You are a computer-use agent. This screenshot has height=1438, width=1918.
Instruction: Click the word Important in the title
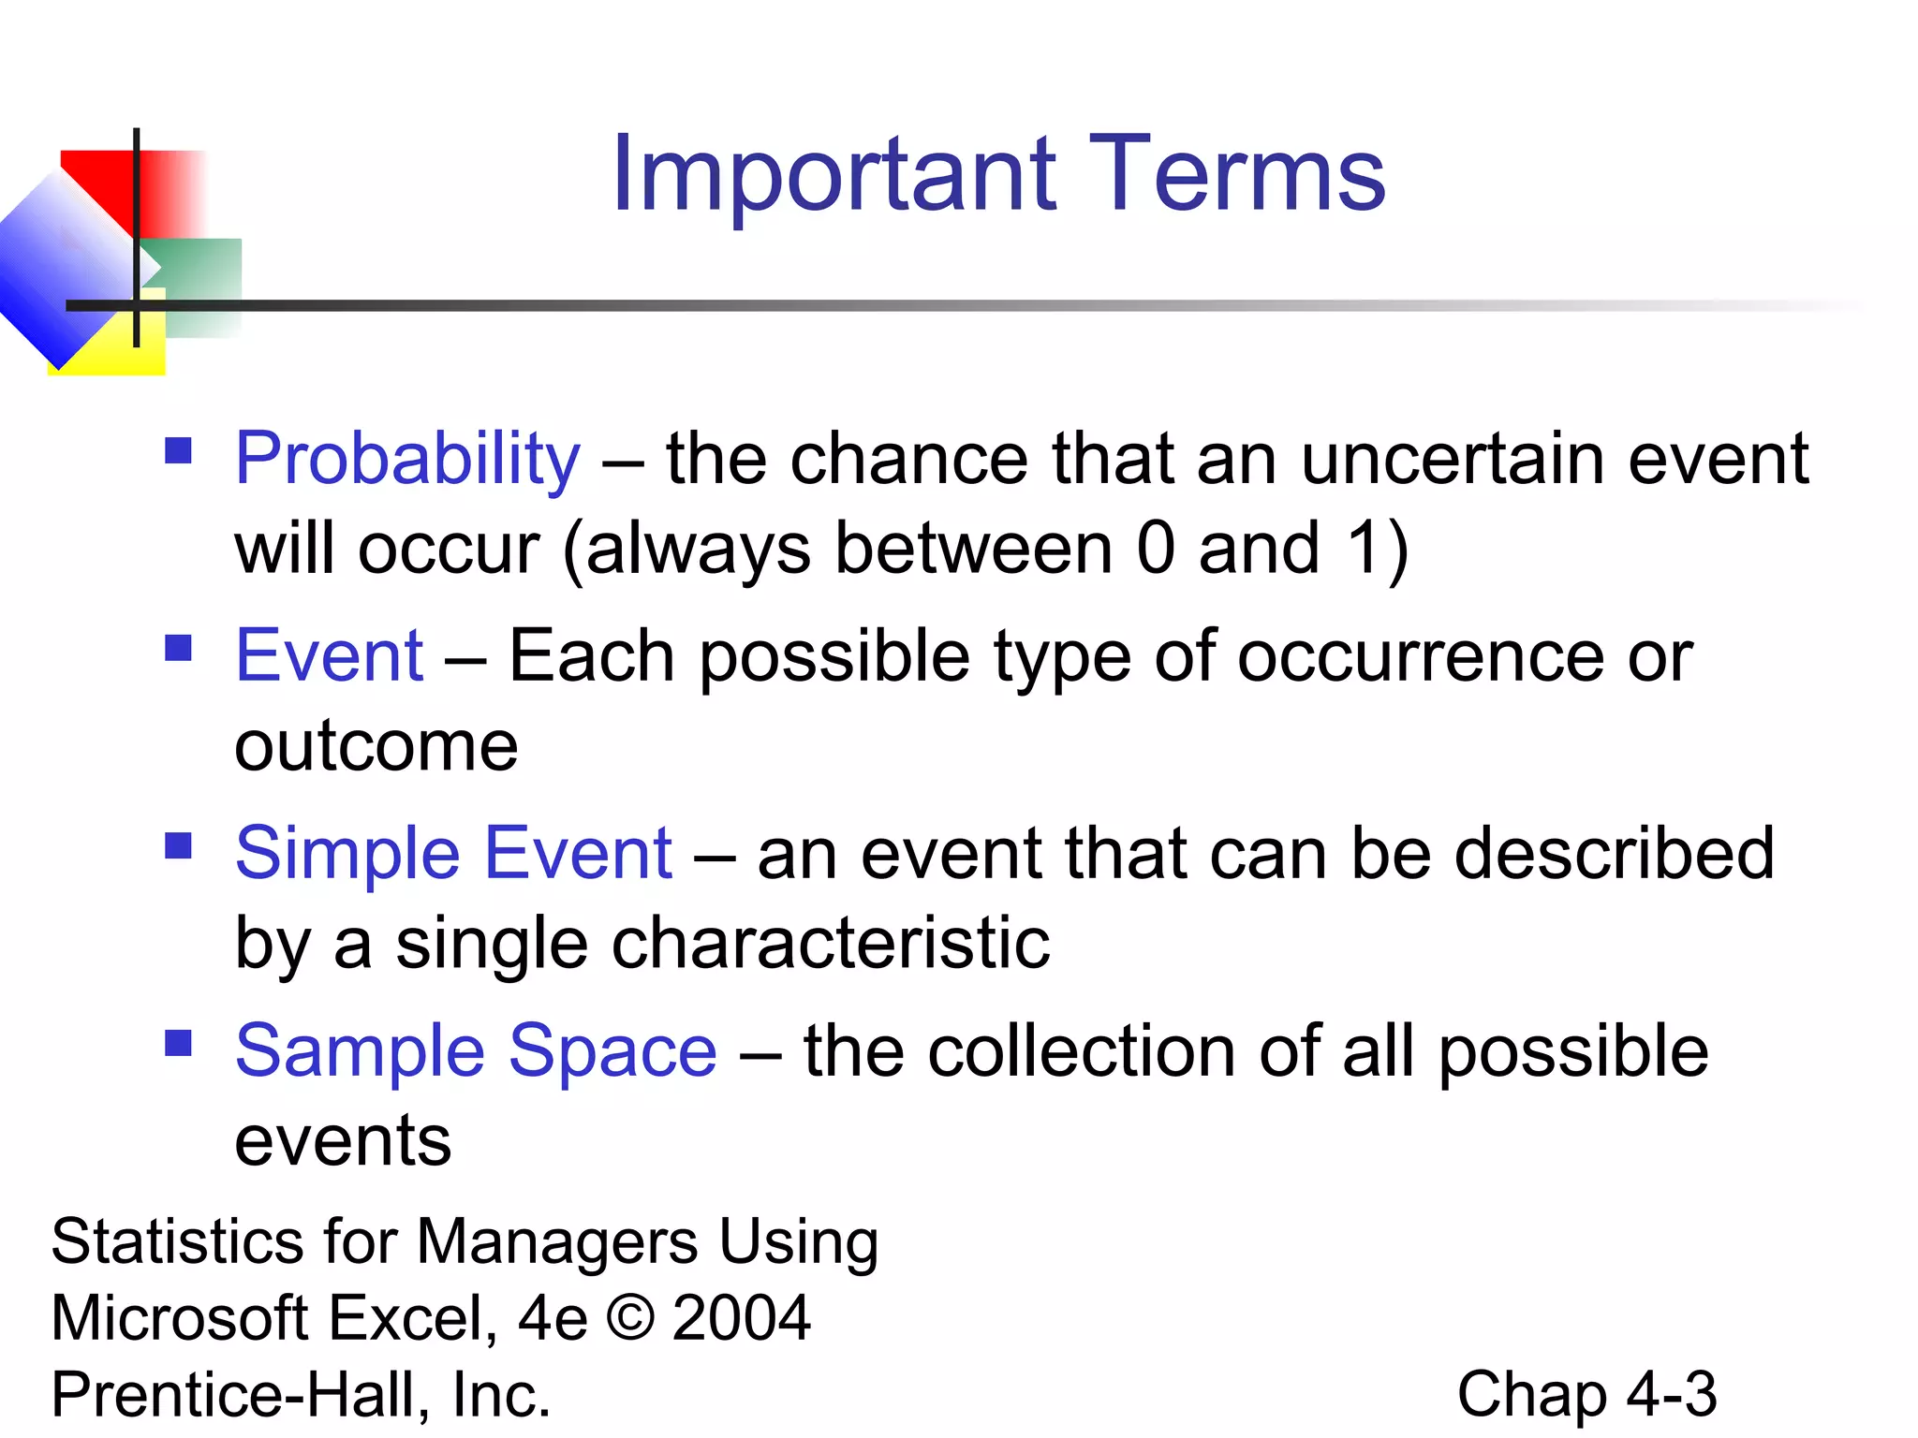tap(834, 176)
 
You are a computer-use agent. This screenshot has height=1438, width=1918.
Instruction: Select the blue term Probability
tap(407, 460)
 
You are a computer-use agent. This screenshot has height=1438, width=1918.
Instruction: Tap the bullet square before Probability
tap(178, 451)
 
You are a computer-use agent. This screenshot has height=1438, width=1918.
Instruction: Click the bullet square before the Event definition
tap(178, 648)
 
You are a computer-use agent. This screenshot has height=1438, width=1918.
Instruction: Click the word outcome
tap(376, 747)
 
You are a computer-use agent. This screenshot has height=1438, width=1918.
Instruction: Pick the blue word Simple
tap(347, 855)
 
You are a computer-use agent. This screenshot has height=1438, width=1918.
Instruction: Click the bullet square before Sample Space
tap(178, 1043)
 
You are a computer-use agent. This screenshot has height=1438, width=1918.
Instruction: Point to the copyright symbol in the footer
tap(630, 1318)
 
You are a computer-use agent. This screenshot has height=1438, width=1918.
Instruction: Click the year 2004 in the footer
tap(741, 1318)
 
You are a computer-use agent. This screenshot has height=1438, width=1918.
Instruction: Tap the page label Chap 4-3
tap(1586, 1395)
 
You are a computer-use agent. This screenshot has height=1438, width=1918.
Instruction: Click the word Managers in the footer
tap(556, 1242)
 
